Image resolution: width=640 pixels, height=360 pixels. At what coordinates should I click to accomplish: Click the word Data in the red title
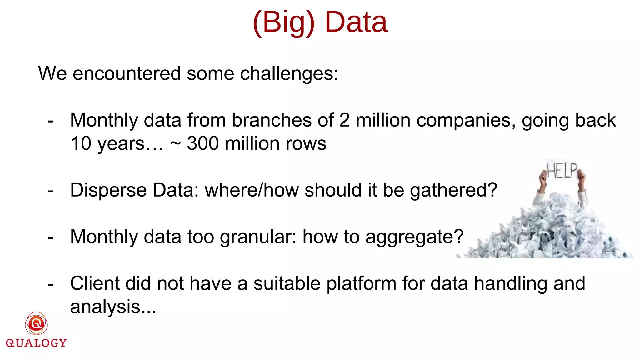pyautogui.click(x=356, y=22)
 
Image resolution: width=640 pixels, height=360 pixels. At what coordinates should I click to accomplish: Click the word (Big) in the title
pyautogui.click(x=283, y=22)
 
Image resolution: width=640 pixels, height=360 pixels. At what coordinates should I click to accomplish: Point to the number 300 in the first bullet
pyautogui.click(x=203, y=144)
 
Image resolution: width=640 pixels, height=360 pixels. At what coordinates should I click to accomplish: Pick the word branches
pyautogui.click(x=272, y=120)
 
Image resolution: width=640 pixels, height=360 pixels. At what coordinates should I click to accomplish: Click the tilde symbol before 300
pyautogui.click(x=175, y=143)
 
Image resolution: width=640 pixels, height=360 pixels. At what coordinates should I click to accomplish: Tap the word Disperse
pyautogui.click(x=108, y=190)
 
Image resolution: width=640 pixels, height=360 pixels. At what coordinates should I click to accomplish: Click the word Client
pyautogui.click(x=95, y=283)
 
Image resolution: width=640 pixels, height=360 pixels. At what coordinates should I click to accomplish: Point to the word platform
pyautogui.click(x=361, y=284)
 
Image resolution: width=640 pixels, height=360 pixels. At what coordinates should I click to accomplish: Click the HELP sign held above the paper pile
pyautogui.click(x=562, y=171)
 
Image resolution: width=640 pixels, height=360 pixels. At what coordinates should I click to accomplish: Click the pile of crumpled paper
pyautogui.click(x=550, y=231)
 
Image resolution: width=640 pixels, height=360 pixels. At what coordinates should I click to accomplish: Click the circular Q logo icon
pyautogui.click(x=36, y=323)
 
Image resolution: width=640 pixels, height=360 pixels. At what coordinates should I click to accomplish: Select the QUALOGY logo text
pyautogui.click(x=36, y=343)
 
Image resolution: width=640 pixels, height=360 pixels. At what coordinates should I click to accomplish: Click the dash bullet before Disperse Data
pyautogui.click(x=51, y=190)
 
